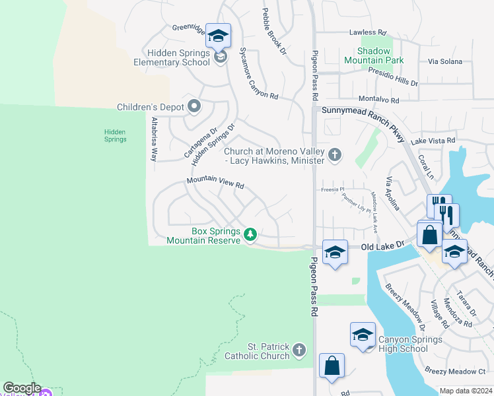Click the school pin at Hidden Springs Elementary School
[x=218, y=37]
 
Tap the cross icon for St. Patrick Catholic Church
[x=299, y=349]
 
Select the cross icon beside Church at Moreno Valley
[x=335, y=156]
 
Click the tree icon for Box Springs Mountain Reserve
[x=250, y=234]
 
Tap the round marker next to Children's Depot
[x=194, y=106]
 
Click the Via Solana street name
[x=443, y=61]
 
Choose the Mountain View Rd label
[x=215, y=183]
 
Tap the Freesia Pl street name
[x=333, y=189]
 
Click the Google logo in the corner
[x=22, y=388]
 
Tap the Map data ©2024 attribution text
[x=466, y=391]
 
